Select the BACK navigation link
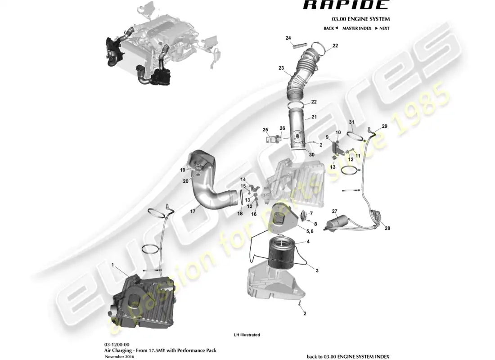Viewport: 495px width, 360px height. pos(330,28)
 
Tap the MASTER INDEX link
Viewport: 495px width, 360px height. pos(356,28)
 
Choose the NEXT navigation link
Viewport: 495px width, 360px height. pos(382,28)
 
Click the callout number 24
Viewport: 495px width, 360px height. pos(288,38)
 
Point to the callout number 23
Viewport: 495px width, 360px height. pos(281,68)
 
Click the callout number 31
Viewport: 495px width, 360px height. pos(351,122)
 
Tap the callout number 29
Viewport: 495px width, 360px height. pos(384,126)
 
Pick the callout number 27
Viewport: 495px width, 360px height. pos(334,211)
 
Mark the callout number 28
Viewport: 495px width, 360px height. pos(387,228)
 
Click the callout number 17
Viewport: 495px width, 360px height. pos(192,211)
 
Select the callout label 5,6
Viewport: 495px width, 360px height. pos(310,231)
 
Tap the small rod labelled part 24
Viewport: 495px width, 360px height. pos(299,45)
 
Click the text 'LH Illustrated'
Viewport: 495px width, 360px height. pos(247,335)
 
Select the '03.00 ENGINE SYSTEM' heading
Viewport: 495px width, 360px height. pos(361,19)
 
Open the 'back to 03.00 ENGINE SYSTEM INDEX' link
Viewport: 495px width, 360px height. pos(348,356)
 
